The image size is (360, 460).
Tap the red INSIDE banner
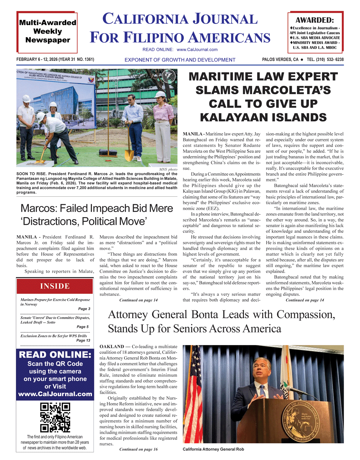(x=55, y=286)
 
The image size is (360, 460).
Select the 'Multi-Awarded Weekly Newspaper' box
(x=47, y=32)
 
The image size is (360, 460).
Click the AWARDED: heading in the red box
(x=315, y=20)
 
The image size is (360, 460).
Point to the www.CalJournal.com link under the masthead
(x=197, y=50)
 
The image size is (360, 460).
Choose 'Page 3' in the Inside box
(x=84, y=309)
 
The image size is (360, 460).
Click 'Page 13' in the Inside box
(x=83, y=340)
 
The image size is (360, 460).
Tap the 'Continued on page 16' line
(x=138, y=449)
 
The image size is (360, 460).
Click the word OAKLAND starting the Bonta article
(x=112, y=347)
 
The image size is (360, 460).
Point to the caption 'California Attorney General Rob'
(x=213, y=449)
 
